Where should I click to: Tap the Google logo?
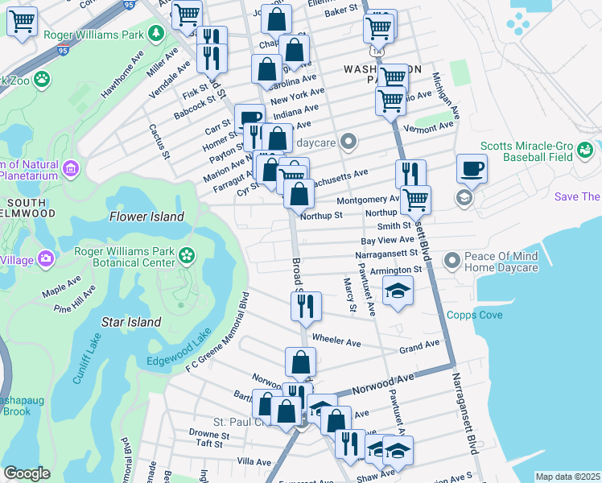point(27,473)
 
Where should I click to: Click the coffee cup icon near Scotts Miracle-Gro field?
point(472,169)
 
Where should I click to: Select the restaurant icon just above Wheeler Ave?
point(306,305)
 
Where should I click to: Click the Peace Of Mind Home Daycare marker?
point(451,260)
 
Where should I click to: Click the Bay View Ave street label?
point(387,240)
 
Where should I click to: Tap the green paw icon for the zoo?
point(40,80)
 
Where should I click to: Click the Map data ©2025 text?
point(567,477)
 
